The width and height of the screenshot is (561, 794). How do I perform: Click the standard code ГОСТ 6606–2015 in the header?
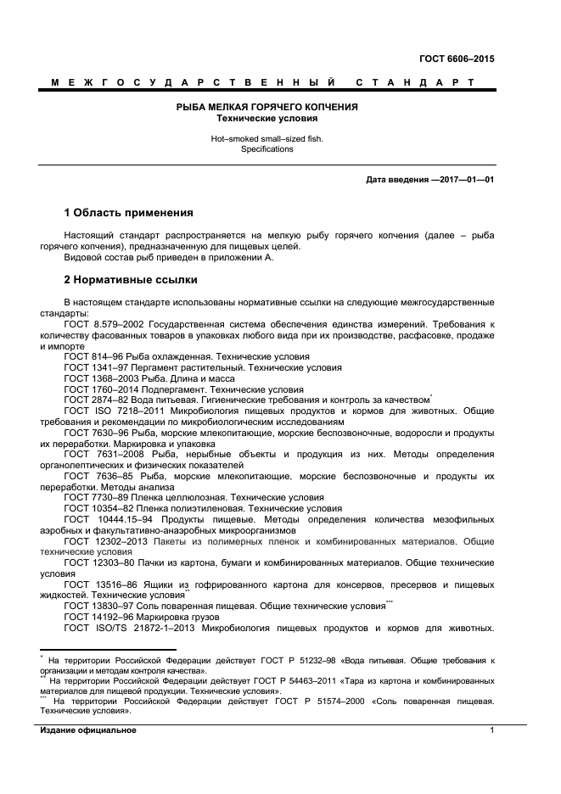pos(457,59)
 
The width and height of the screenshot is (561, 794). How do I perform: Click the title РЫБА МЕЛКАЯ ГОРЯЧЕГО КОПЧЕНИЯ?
pos(266,107)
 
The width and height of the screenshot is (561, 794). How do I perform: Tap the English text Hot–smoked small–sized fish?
pos(266,137)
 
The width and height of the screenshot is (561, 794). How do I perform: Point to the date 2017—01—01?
pos(463,180)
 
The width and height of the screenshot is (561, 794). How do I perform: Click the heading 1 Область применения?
pos(129,212)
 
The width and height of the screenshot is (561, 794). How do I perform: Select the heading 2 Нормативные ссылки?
pos(131,279)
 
